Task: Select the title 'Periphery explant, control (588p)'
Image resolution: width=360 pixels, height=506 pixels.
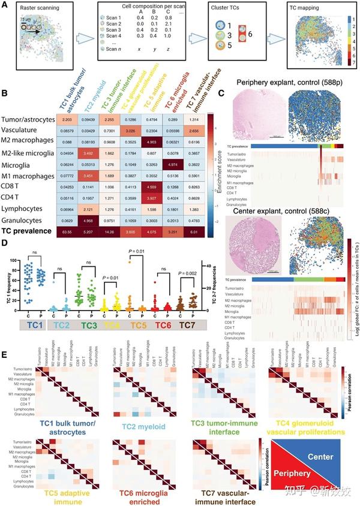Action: click(288, 82)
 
